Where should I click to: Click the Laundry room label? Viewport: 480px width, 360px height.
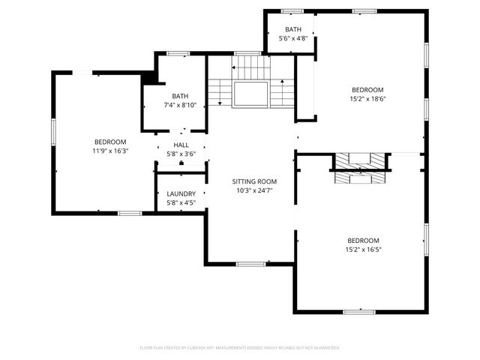181,193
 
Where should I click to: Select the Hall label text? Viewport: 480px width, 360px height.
181,145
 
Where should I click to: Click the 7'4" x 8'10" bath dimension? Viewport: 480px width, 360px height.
180,104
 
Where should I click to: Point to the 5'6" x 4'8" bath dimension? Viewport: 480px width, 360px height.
292,38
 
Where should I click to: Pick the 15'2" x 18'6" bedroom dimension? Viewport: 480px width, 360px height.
367,98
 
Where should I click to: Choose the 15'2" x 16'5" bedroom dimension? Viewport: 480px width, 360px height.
362,249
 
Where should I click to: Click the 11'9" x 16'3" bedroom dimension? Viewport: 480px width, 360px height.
110,151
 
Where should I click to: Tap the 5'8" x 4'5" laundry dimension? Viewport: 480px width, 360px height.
181,202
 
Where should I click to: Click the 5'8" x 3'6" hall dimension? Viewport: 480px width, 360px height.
181,154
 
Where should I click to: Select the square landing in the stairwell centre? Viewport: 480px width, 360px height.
250,94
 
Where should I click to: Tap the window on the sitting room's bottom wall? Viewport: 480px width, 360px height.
250,264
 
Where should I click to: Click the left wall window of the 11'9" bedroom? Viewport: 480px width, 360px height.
52,132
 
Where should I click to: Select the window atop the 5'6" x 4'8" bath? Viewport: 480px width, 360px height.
292,10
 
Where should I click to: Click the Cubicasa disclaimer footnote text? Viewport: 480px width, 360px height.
240,348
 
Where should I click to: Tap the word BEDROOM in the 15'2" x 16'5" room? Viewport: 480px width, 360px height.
362,240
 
